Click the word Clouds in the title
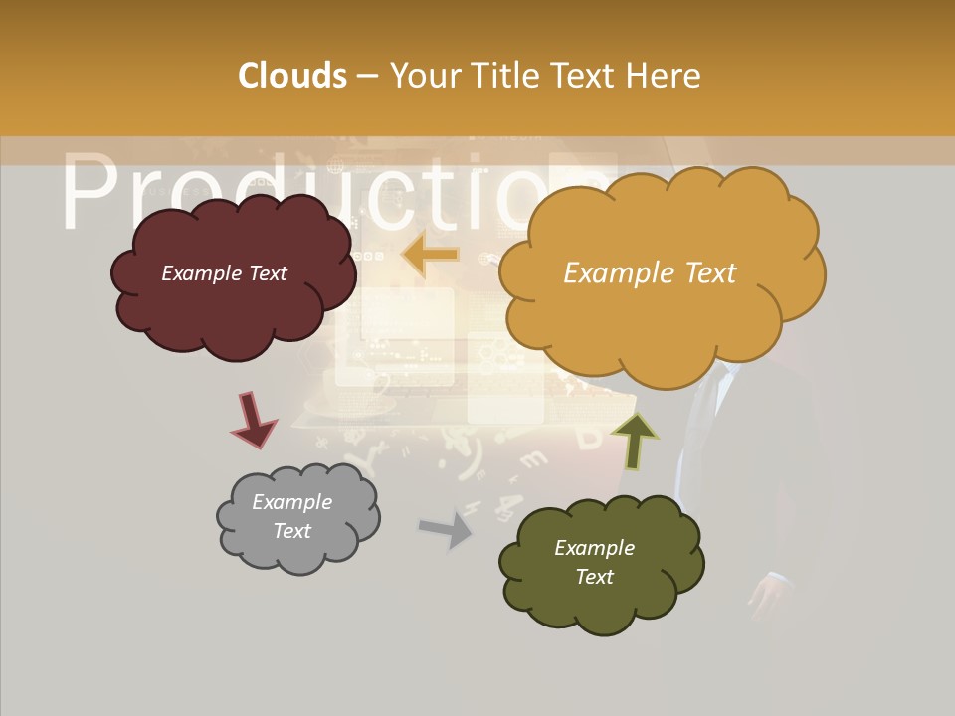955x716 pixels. point(292,76)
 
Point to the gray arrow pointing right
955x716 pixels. point(447,528)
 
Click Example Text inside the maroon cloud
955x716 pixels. point(224,273)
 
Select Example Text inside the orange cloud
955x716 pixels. point(650,273)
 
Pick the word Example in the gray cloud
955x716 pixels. point(291,502)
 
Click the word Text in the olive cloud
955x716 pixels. point(594,577)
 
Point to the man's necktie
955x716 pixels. point(705,418)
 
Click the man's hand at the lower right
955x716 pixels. point(770,597)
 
